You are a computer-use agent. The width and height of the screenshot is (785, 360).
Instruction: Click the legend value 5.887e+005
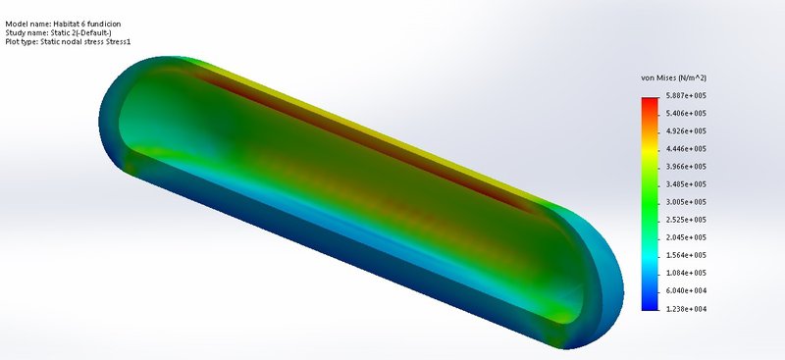[686, 95]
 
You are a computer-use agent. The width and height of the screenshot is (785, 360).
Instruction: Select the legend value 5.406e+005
[686, 114]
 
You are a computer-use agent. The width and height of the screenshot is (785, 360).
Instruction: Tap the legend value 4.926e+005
[686, 131]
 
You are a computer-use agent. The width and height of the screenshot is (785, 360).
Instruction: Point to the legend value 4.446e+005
[686, 149]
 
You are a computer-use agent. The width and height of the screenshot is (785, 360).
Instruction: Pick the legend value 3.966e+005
[686, 167]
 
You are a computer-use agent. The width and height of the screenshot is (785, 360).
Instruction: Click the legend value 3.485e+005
[686, 184]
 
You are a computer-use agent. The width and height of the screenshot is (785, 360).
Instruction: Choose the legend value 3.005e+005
[686, 202]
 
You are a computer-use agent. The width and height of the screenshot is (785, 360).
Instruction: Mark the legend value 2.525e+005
[686, 220]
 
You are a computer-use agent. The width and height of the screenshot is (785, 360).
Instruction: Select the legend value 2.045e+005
[686, 237]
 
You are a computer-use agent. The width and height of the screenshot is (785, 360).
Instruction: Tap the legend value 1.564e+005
[686, 255]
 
